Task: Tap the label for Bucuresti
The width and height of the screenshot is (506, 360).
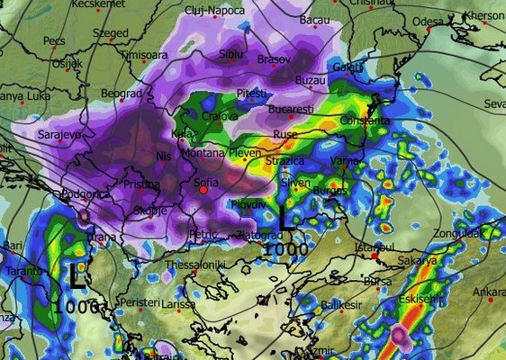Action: pyautogui.click(x=291, y=109)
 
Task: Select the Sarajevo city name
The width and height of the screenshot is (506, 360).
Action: pyautogui.click(x=60, y=134)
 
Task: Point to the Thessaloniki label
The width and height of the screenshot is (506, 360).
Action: pyautogui.click(x=194, y=265)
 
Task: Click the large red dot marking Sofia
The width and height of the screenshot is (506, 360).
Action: pyautogui.click(x=204, y=190)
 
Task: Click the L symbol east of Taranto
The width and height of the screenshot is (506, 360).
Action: pyautogui.click(x=77, y=276)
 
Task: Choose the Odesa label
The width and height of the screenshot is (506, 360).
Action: pyautogui.click(x=429, y=21)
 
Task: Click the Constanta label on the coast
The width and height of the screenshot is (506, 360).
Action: pyautogui.click(x=366, y=121)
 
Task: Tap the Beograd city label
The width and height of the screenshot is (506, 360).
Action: pyautogui.click(x=121, y=93)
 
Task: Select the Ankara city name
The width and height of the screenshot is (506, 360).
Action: pyautogui.click(x=490, y=292)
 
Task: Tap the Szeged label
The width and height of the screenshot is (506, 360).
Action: pyautogui.click(x=110, y=32)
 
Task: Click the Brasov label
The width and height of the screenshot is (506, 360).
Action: pyautogui.click(x=274, y=58)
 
